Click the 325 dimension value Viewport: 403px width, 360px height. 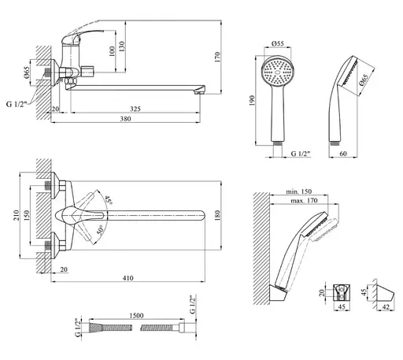point(135,109)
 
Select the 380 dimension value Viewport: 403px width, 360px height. point(125,119)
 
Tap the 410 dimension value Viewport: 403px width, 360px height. point(128,278)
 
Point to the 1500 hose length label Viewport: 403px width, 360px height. point(136,315)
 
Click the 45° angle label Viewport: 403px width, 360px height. point(109,200)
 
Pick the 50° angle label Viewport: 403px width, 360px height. point(101,230)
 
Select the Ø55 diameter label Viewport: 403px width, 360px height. point(278,43)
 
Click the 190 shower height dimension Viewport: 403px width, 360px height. point(252,101)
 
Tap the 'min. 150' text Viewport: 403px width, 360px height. point(299,191)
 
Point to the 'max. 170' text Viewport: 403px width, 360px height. point(304,201)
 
